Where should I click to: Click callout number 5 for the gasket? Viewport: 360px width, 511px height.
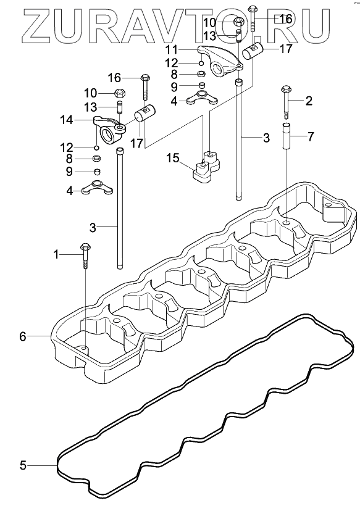(23, 465)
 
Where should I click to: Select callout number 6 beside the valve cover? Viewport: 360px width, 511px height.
(22, 336)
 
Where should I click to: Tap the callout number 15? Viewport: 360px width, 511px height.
(173, 159)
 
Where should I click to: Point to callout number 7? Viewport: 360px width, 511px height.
(311, 136)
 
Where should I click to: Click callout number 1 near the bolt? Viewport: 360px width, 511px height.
(56, 254)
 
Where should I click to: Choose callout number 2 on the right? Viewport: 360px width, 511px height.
(309, 101)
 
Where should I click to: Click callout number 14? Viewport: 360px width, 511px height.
(66, 120)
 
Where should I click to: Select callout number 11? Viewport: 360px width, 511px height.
(172, 50)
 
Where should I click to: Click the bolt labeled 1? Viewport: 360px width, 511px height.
(85, 255)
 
